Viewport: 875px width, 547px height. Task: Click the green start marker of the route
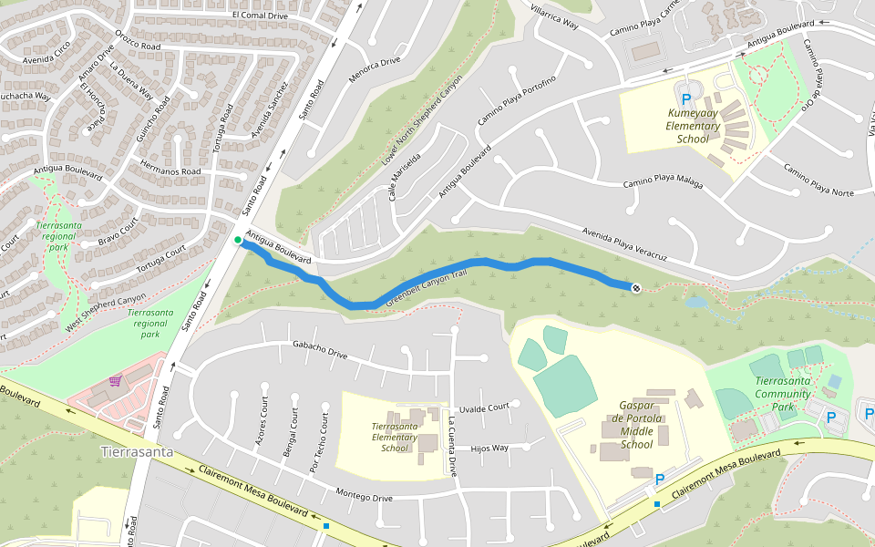click(238, 241)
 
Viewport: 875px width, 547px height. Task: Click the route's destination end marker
click(634, 288)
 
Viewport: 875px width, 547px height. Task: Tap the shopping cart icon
click(116, 381)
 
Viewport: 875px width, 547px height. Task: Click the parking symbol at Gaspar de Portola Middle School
click(660, 479)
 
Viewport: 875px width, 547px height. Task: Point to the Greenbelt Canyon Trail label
click(427, 288)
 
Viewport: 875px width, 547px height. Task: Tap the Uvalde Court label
click(483, 408)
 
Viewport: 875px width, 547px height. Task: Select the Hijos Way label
click(489, 448)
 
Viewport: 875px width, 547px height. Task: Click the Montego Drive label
click(364, 497)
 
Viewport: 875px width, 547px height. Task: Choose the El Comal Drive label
click(260, 15)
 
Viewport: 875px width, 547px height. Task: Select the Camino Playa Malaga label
click(663, 182)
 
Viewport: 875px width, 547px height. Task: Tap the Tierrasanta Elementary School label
click(395, 437)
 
